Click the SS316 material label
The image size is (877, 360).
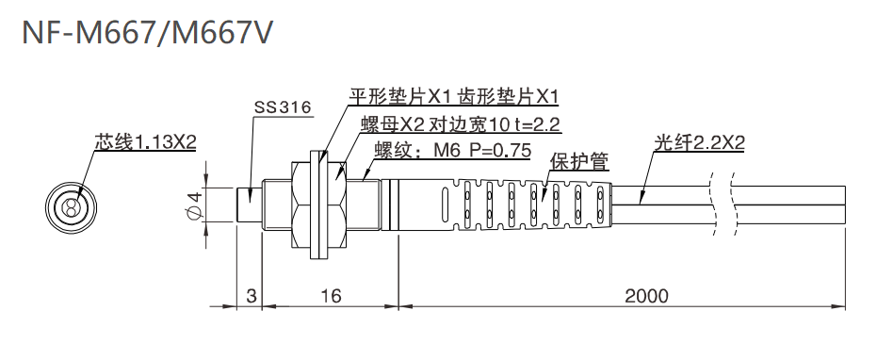(x=283, y=107)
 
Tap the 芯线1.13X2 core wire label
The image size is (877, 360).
(x=145, y=142)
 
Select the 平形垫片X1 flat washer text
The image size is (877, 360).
(x=400, y=97)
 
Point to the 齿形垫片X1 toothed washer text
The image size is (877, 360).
(x=509, y=97)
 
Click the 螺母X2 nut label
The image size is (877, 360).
(x=393, y=124)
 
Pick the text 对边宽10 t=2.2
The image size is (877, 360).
(x=495, y=124)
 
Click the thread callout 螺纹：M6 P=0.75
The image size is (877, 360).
(x=453, y=151)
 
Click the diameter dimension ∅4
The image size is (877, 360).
(x=194, y=205)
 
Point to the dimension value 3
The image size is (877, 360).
(x=251, y=296)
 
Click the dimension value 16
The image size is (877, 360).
(x=330, y=296)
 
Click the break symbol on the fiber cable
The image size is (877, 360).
(x=723, y=205)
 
